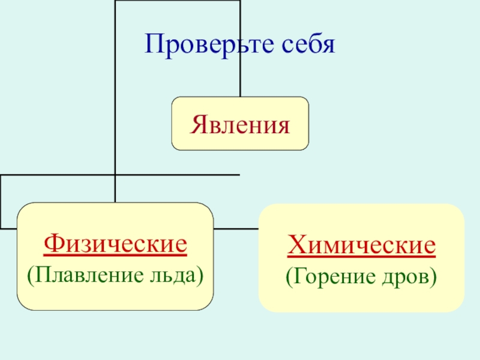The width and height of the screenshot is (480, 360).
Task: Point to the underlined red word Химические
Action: [x=361, y=246]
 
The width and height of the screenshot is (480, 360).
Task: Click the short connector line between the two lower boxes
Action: [x=236, y=229]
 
